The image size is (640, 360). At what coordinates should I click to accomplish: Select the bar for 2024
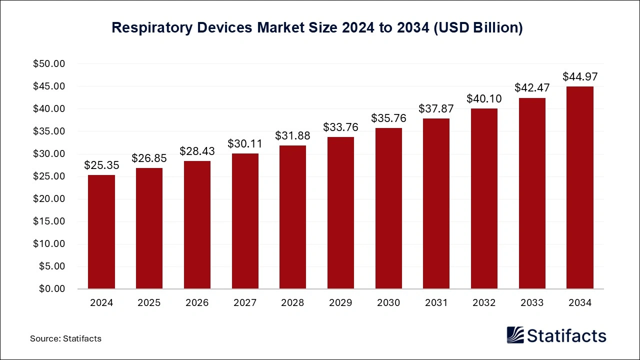(x=101, y=232)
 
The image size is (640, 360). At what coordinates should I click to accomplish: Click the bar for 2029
(x=340, y=213)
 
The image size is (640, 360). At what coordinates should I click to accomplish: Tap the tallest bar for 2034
(x=580, y=187)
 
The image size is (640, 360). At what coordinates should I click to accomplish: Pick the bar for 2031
(x=436, y=203)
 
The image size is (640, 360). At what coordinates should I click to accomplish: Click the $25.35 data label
(x=101, y=165)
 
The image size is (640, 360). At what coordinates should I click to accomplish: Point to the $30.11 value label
(x=245, y=144)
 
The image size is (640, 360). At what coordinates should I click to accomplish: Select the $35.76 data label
(x=388, y=118)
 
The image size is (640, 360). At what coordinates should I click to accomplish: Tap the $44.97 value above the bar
(x=580, y=77)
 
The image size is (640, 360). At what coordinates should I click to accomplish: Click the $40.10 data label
(x=484, y=99)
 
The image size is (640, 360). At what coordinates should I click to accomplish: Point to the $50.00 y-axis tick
(x=49, y=64)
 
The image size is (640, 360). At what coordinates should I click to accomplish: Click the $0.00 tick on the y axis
(x=51, y=289)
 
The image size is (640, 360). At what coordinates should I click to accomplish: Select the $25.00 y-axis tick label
(x=49, y=176)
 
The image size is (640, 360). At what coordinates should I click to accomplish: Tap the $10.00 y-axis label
(x=49, y=244)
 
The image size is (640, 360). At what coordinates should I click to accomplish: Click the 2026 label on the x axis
(x=197, y=303)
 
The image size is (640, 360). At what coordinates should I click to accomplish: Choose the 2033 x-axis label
(x=532, y=303)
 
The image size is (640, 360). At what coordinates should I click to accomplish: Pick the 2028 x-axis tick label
(x=292, y=303)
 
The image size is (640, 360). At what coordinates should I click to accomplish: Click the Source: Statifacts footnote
(x=65, y=338)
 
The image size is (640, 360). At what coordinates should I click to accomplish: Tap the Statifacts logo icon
(x=515, y=335)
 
